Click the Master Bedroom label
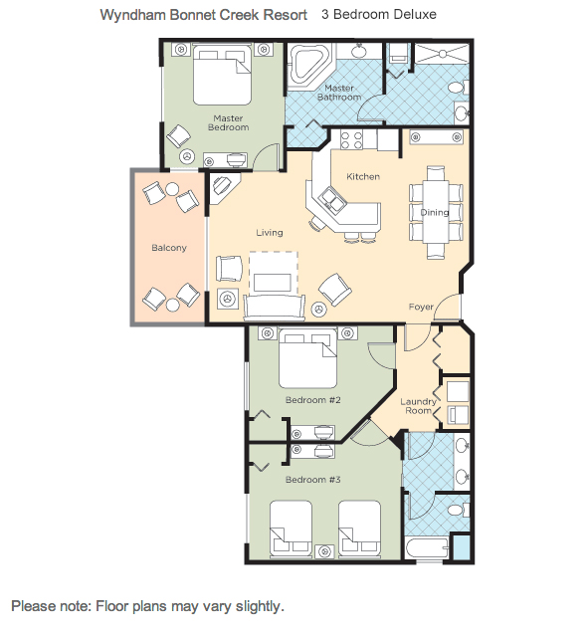pyautogui.click(x=229, y=122)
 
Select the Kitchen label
pyautogui.click(x=363, y=176)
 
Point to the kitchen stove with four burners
pyautogui.click(x=351, y=139)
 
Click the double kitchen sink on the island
pyautogui.click(x=333, y=200)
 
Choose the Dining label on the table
pyautogui.click(x=435, y=212)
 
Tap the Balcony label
pyautogui.click(x=169, y=248)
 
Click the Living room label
pyautogui.click(x=270, y=233)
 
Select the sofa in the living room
pyautogui.click(x=275, y=308)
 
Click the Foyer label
pyautogui.click(x=421, y=307)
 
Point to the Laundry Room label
pyautogui.click(x=418, y=406)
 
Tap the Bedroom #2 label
pyautogui.click(x=312, y=400)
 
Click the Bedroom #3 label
pyautogui.click(x=312, y=480)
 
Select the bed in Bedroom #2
pyautogui.click(x=307, y=358)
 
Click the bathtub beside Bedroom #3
pyautogui.click(x=427, y=548)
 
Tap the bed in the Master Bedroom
pyautogui.click(x=222, y=76)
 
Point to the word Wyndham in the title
pyautogui.click(x=133, y=15)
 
